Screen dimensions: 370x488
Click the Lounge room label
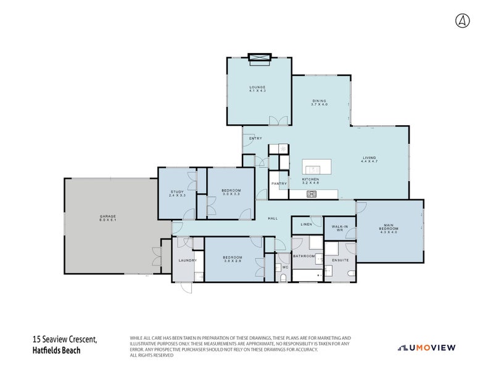coord(257,89)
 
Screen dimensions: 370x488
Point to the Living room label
coord(369,159)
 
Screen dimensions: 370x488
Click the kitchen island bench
coord(316,167)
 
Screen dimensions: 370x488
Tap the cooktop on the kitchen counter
coord(312,194)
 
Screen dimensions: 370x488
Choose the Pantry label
coord(279,183)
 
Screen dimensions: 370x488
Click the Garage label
coord(108,218)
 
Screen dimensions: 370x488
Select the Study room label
coord(177,194)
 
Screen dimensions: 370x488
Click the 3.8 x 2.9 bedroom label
coord(233,258)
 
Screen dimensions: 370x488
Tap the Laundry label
coord(188,260)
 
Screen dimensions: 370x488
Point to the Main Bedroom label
coord(389,229)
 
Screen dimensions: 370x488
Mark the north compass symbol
coord(462,20)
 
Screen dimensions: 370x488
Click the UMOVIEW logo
coord(427,348)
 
